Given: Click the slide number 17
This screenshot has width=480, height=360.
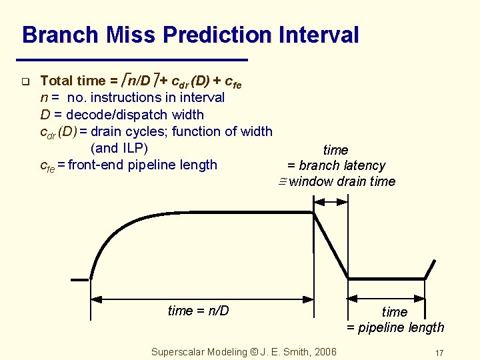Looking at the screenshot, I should pyautogui.click(x=439, y=353).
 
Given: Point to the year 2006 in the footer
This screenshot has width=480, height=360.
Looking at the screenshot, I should pyautogui.click(x=324, y=352).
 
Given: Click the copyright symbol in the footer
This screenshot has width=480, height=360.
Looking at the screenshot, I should pyautogui.click(x=254, y=352).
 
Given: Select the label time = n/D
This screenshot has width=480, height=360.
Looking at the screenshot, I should pyautogui.click(x=198, y=311).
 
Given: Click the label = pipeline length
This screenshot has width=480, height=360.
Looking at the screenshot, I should pyautogui.click(x=395, y=327).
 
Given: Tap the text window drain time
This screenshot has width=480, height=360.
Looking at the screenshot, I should pyautogui.click(x=342, y=181).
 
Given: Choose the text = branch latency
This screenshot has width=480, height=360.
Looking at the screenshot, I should pyautogui.click(x=336, y=165).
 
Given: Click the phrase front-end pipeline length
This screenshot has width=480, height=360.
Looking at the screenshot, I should pyautogui.click(x=143, y=165).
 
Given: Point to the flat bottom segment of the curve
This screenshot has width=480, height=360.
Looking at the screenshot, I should pyautogui.click(x=387, y=278).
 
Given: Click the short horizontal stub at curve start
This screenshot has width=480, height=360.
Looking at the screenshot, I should pyautogui.click(x=79, y=279).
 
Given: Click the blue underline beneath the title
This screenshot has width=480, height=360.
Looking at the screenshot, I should pyautogui.click(x=133, y=59).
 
